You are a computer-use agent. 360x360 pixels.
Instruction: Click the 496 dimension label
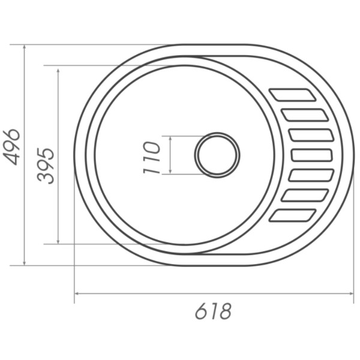[x=11, y=147]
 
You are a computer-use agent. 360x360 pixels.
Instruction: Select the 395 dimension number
[x=46, y=166]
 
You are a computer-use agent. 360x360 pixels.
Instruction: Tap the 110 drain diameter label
[x=151, y=157]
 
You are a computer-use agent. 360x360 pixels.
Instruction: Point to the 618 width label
[x=213, y=311]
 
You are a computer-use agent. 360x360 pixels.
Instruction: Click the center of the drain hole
[x=217, y=155]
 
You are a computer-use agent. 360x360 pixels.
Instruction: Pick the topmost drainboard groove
[x=293, y=95]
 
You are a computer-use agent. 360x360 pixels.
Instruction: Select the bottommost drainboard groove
[x=293, y=215]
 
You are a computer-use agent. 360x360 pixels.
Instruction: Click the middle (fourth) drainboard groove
[x=312, y=155]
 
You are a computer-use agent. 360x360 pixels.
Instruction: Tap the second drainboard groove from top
[x=305, y=115]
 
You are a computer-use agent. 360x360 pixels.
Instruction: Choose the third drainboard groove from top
[x=311, y=135]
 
